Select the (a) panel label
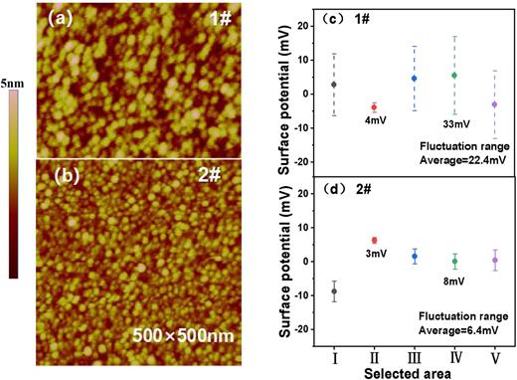click(52, 17)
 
